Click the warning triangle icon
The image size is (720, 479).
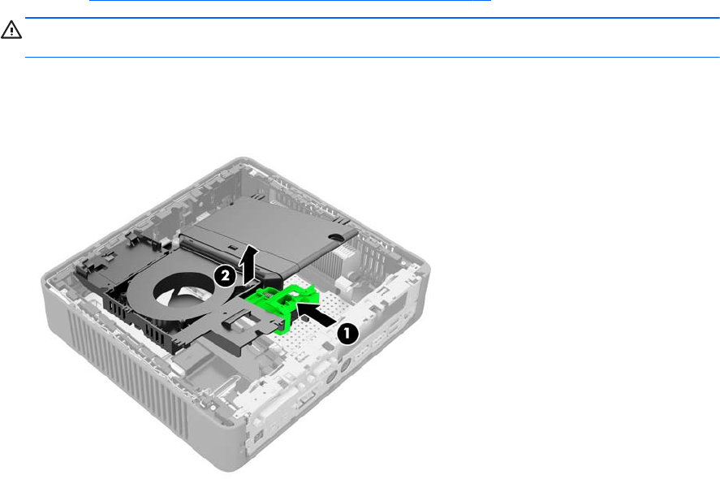point(11,30)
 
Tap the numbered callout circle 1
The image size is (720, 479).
point(347,334)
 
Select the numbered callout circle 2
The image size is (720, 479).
point(225,277)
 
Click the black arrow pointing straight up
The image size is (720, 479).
point(249,264)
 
